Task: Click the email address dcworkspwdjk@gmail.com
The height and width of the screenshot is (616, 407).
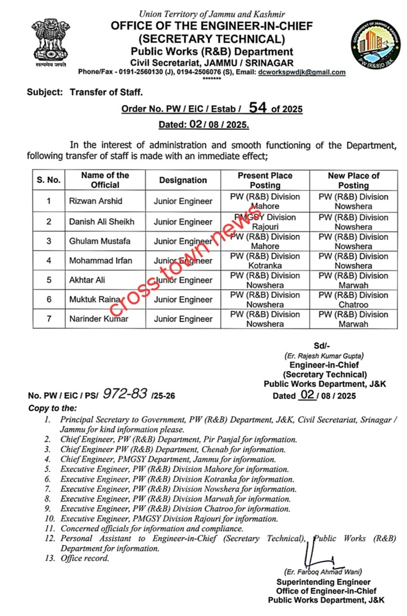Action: tap(301, 72)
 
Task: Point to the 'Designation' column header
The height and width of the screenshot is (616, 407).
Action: tap(183, 180)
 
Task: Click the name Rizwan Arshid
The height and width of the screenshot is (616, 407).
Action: tap(95, 201)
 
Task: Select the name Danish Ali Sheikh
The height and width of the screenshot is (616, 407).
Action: tap(101, 221)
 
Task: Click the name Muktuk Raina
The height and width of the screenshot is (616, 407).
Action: tap(96, 299)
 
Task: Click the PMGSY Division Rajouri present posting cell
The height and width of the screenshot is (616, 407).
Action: tap(265, 222)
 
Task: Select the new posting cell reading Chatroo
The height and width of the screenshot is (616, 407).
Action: tap(353, 299)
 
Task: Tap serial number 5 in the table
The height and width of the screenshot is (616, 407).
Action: tap(48, 280)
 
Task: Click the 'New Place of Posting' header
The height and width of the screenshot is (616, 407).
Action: tap(353, 180)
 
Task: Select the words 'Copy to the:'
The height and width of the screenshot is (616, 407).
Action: tap(52, 408)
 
